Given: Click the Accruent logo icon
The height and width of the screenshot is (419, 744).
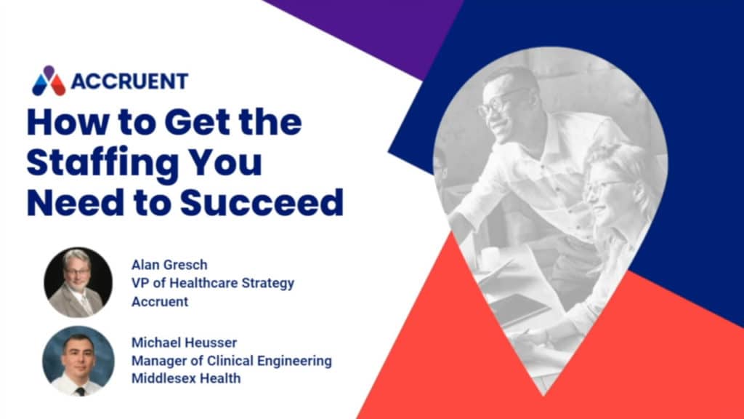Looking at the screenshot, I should [49, 81].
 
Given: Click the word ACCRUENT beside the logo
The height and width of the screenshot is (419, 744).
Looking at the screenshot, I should [129, 81].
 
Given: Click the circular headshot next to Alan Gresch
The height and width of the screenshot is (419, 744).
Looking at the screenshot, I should [78, 282].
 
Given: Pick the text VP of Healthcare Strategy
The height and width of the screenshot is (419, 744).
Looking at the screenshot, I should [213, 282].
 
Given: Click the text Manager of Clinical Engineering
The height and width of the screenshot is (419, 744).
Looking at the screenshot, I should [231, 360].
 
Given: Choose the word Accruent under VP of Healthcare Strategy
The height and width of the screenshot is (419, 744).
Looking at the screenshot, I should [159, 301].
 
